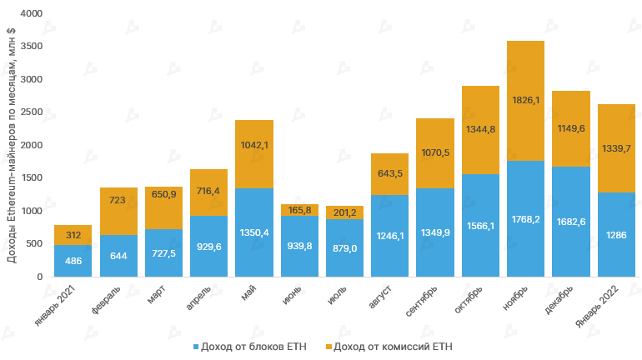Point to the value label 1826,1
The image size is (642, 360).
[525, 100]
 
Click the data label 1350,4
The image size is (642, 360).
[254, 232]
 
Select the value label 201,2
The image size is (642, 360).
[344, 212]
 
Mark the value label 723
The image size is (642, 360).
[118, 201]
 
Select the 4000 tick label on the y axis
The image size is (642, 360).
[31, 14]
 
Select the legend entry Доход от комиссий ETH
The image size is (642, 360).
[392, 345]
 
